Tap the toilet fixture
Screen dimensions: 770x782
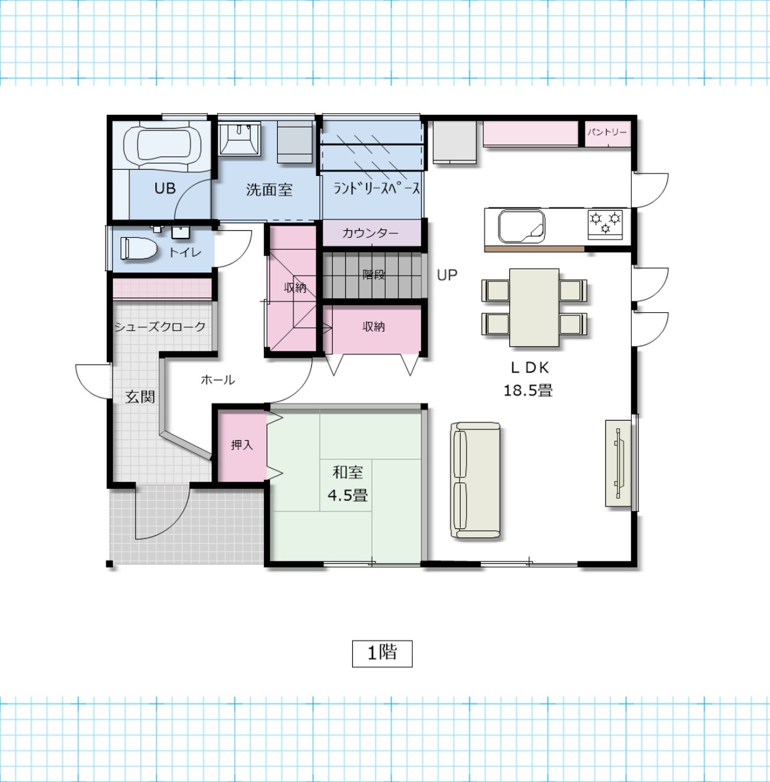(x=138, y=248)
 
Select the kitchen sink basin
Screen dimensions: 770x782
(x=522, y=226)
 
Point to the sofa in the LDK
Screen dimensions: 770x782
(x=475, y=480)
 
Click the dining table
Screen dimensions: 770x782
(x=534, y=307)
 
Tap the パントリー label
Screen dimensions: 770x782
(x=607, y=132)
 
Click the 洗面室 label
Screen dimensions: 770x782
(x=269, y=190)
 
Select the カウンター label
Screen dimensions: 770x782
(x=370, y=233)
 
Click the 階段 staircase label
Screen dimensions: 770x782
(x=374, y=275)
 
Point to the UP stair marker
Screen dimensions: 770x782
(x=447, y=275)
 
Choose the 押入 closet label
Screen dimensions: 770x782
(x=242, y=445)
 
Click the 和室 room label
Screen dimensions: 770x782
(x=348, y=472)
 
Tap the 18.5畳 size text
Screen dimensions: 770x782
(x=528, y=390)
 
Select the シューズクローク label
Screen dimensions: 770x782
(x=160, y=326)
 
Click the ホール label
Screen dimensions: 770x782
(x=218, y=380)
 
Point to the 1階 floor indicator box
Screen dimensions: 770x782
(x=382, y=654)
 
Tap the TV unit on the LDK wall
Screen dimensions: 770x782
(x=619, y=463)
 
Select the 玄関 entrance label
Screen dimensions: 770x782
(x=140, y=397)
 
